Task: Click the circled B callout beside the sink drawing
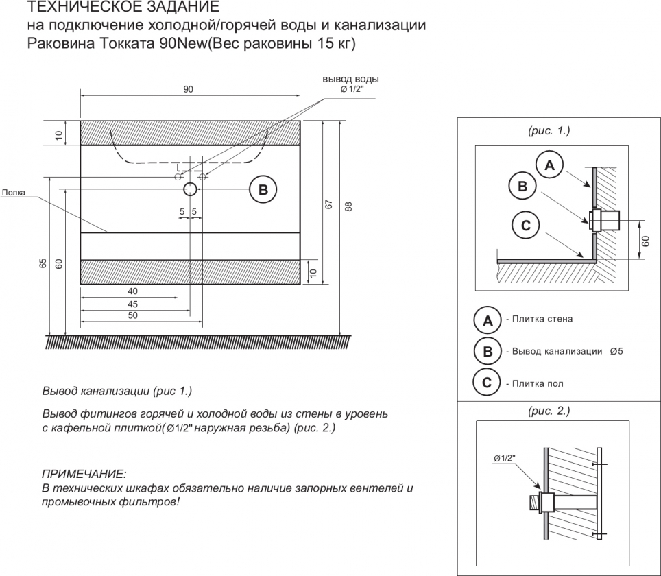pyautogui.click(x=263, y=189)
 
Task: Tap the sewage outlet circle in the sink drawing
pyautogui.click(x=191, y=189)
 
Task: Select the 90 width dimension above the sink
pyautogui.click(x=189, y=89)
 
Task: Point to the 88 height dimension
pyautogui.click(x=348, y=206)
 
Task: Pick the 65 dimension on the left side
pyautogui.click(x=43, y=263)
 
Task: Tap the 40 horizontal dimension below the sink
pyautogui.click(x=132, y=291)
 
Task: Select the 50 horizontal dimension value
pyautogui.click(x=132, y=315)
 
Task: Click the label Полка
pyautogui.click(x=13, y=193)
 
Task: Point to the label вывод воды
pyautogui.click(x=350, y=80)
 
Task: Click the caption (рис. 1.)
pyautogui.click(x=549, y=130)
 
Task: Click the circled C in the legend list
pyautogui.click(x=487, y=383)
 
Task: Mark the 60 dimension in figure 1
pyautogui.click(x=647, y=239)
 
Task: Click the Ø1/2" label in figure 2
pyautogui.click(x=503, y=457)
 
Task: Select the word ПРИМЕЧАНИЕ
pyautogui.click(x=84, y=474)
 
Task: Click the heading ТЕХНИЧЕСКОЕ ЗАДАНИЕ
pyautogui.click(x=123, y=8)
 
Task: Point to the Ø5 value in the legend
pyautogui.click(x=615, y=351)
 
